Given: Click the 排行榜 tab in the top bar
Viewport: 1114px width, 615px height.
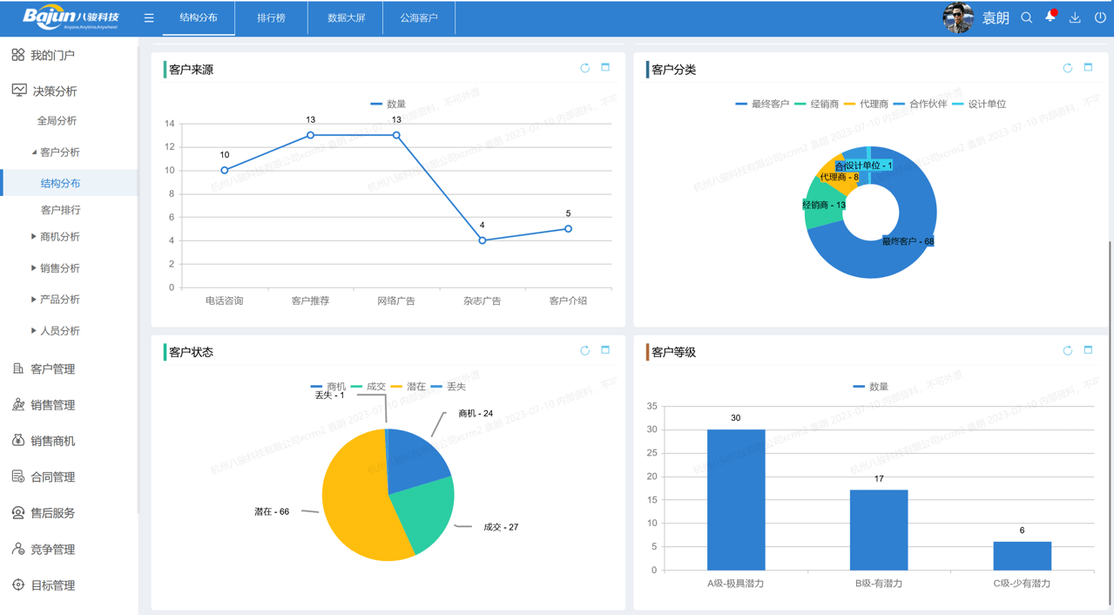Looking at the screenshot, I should tap(271, 17).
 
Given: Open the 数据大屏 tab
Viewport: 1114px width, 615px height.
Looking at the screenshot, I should tap(346, 17).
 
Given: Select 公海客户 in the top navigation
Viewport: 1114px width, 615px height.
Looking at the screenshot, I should tap(419, 17).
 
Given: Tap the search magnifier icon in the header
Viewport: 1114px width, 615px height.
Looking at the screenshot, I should tap(1026, 17).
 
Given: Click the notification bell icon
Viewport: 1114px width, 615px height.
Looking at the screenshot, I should tap(1050, 17).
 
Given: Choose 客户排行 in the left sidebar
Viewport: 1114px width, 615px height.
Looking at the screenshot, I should tap(60, 210).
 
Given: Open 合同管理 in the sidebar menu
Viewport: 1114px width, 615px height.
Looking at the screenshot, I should tap(52, 476).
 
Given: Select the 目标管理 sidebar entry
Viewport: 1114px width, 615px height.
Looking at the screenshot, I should tap(52, 585).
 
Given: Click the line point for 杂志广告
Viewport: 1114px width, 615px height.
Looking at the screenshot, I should tap(483, 240).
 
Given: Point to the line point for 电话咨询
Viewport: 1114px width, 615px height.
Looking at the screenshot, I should tap(225, 170).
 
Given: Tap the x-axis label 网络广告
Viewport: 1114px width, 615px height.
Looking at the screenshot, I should tap(396, 301).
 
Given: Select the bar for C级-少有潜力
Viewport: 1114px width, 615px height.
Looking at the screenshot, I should tap(1022, 556).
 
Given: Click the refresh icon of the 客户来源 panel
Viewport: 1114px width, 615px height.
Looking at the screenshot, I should tap(585, 68).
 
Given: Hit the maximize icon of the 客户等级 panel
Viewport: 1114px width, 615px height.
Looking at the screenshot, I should tap(1088, 350).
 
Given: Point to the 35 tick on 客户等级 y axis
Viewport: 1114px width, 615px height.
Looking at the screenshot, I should tap(652, 406).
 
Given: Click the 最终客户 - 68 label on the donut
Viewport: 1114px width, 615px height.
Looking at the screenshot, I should tap(908, 241).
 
